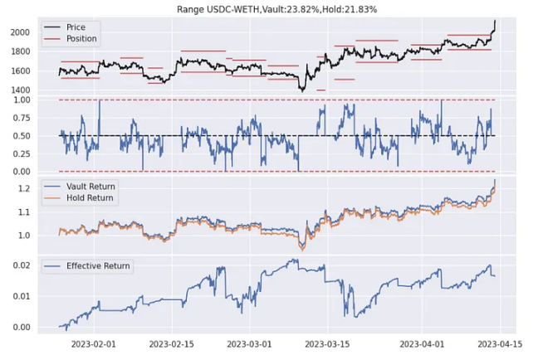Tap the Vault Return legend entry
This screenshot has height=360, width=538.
[91, 186]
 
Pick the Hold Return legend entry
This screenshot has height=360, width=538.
[90, 197]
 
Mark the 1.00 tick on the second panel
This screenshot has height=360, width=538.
[43, 100]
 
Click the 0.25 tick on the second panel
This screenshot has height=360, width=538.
[43, 153]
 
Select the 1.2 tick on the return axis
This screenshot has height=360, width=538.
[46, 189]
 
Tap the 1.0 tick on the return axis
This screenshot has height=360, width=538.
[46, 236]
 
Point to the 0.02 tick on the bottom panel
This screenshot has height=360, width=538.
[43, 265]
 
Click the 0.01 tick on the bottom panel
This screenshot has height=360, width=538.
[43, 296]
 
